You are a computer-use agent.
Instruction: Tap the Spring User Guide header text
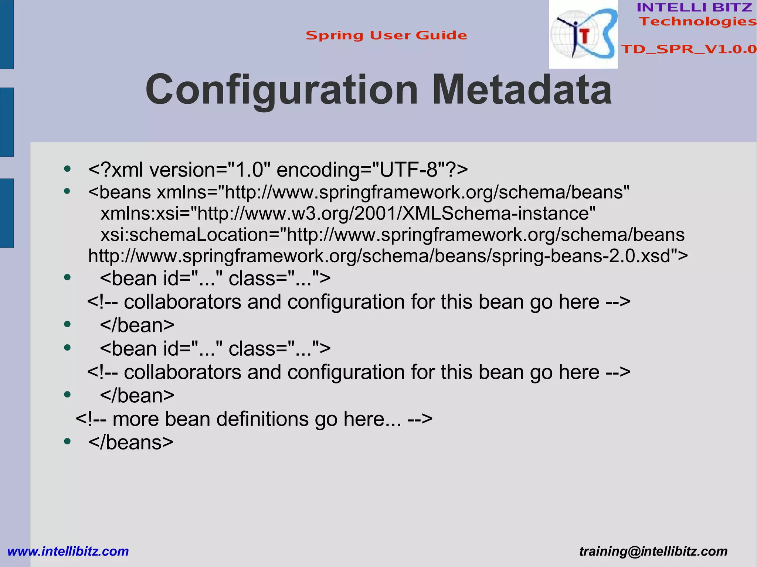click(386, 35)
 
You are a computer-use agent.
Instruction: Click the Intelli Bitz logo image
click(583, 34)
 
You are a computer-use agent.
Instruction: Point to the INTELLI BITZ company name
click(694, 7)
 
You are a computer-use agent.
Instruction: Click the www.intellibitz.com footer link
click(68, 551)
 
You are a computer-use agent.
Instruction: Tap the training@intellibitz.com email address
click(653, 551)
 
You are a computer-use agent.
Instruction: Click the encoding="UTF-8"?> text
click(372, 170)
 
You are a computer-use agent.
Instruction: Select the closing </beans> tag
click(130, 442)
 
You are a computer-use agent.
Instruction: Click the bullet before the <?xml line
click(67, 169)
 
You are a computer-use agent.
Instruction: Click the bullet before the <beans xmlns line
click(67, 191)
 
